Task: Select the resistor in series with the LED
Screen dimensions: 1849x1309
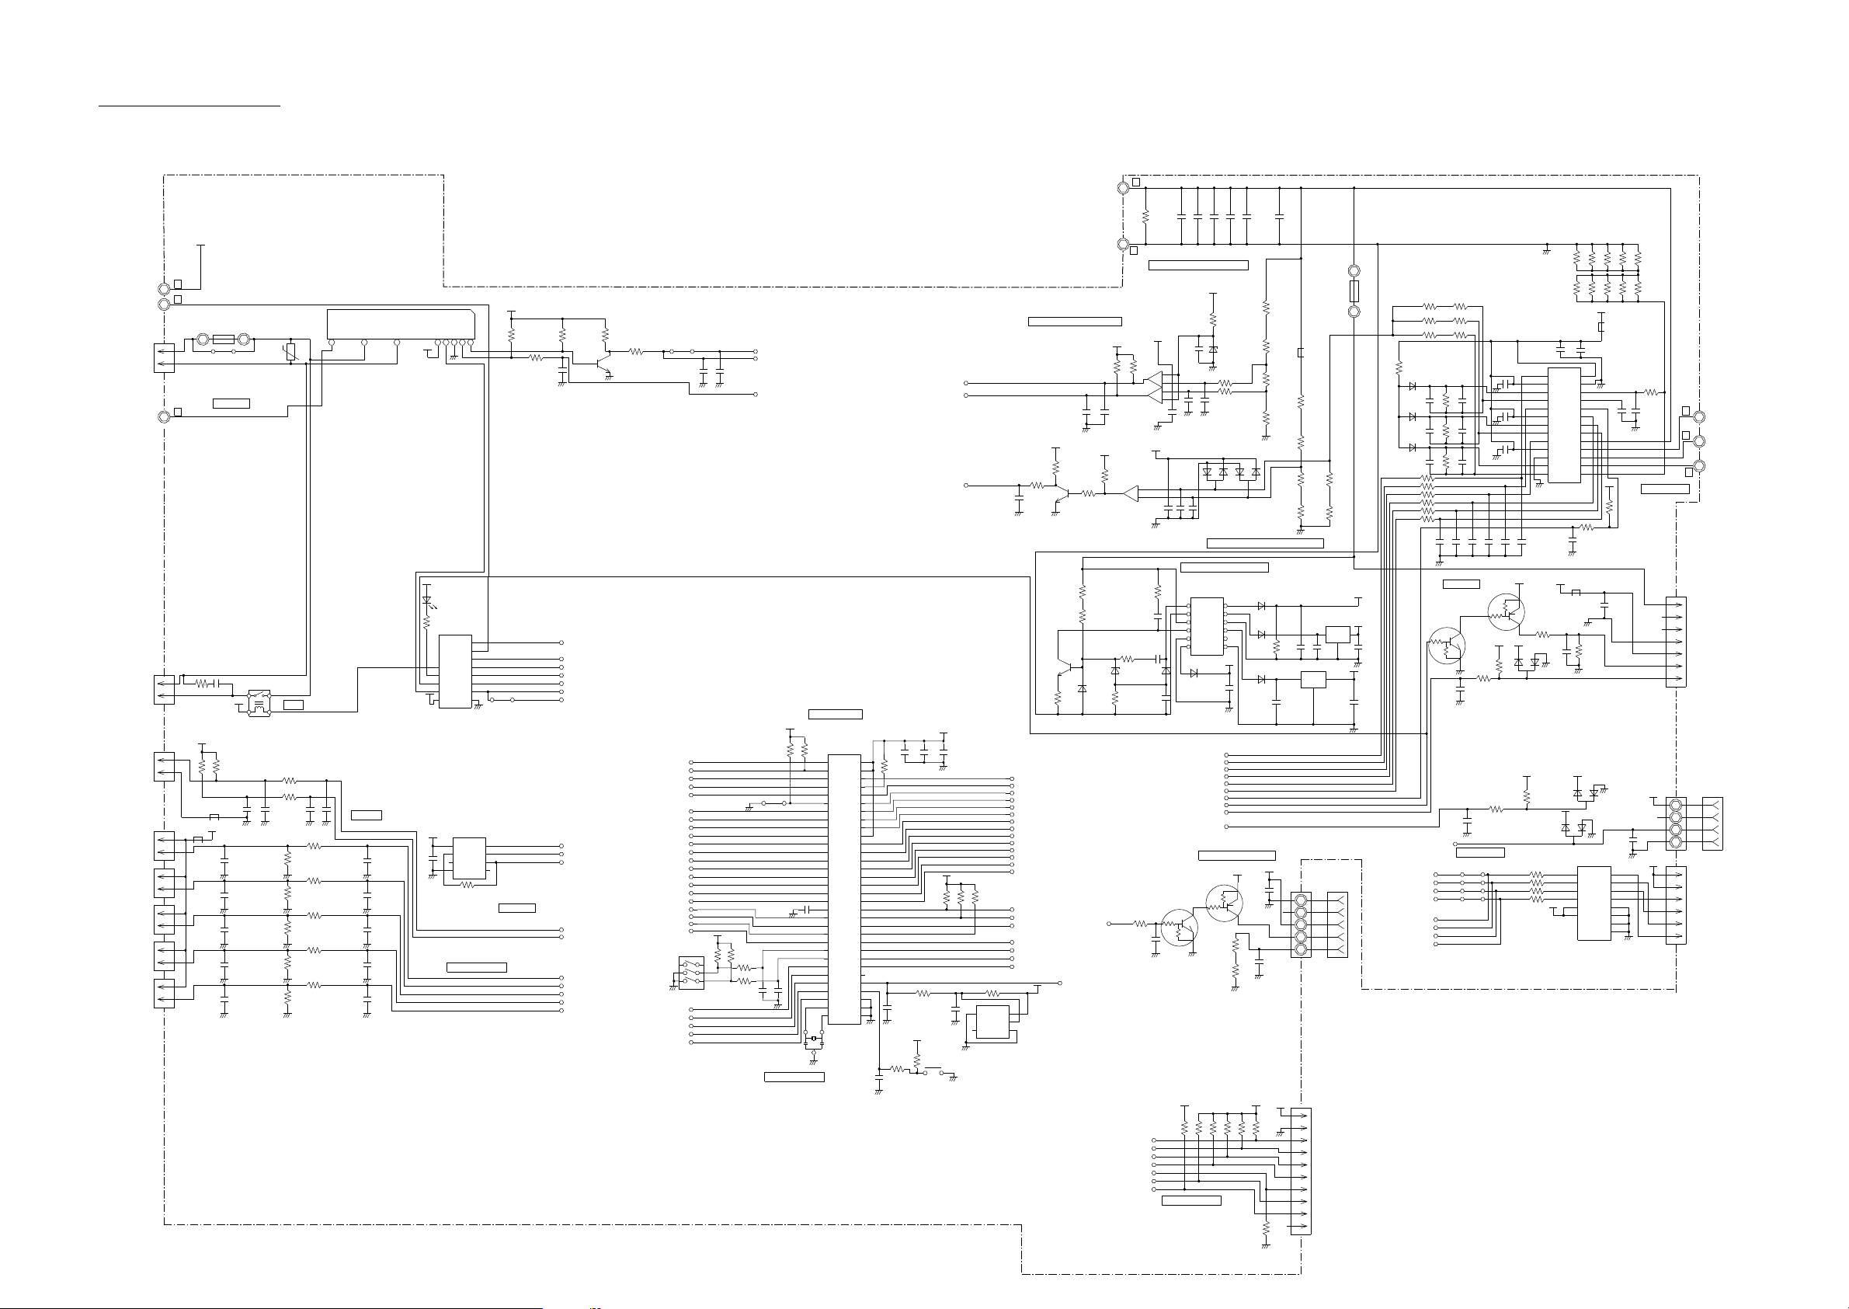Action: click(427, 622)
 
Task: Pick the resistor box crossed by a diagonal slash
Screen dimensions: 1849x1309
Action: click(292, 351)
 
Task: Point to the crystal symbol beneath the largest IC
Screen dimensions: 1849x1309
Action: click(814, 1038)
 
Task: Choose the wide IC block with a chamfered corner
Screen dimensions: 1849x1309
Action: click(401, 324)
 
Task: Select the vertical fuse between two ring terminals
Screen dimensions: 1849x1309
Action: click(1354, 291)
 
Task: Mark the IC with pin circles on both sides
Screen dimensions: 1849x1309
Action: click(1207, 626)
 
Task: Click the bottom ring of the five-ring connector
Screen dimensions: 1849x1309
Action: click(1299, 951)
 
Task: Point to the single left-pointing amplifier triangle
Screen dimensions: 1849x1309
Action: click(1131, 493)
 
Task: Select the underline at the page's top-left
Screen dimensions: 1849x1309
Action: click(189, 104)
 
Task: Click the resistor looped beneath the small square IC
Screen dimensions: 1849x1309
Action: click(467, 884)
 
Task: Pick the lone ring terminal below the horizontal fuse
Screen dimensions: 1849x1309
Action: click(164, 416)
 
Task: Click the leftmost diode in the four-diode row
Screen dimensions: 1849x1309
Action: click(1207, 472)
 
